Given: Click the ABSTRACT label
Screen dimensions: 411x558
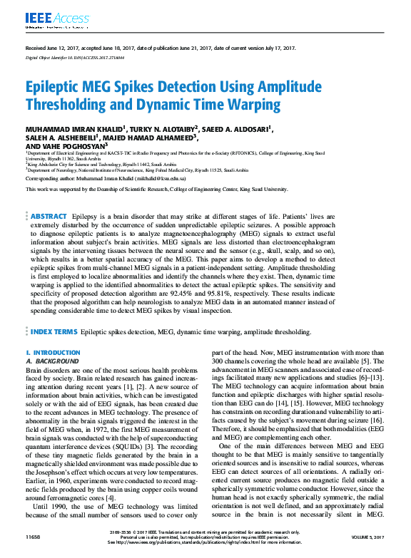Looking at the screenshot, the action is pos(49,195).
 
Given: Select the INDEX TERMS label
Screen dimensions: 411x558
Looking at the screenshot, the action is pos(54,332).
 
